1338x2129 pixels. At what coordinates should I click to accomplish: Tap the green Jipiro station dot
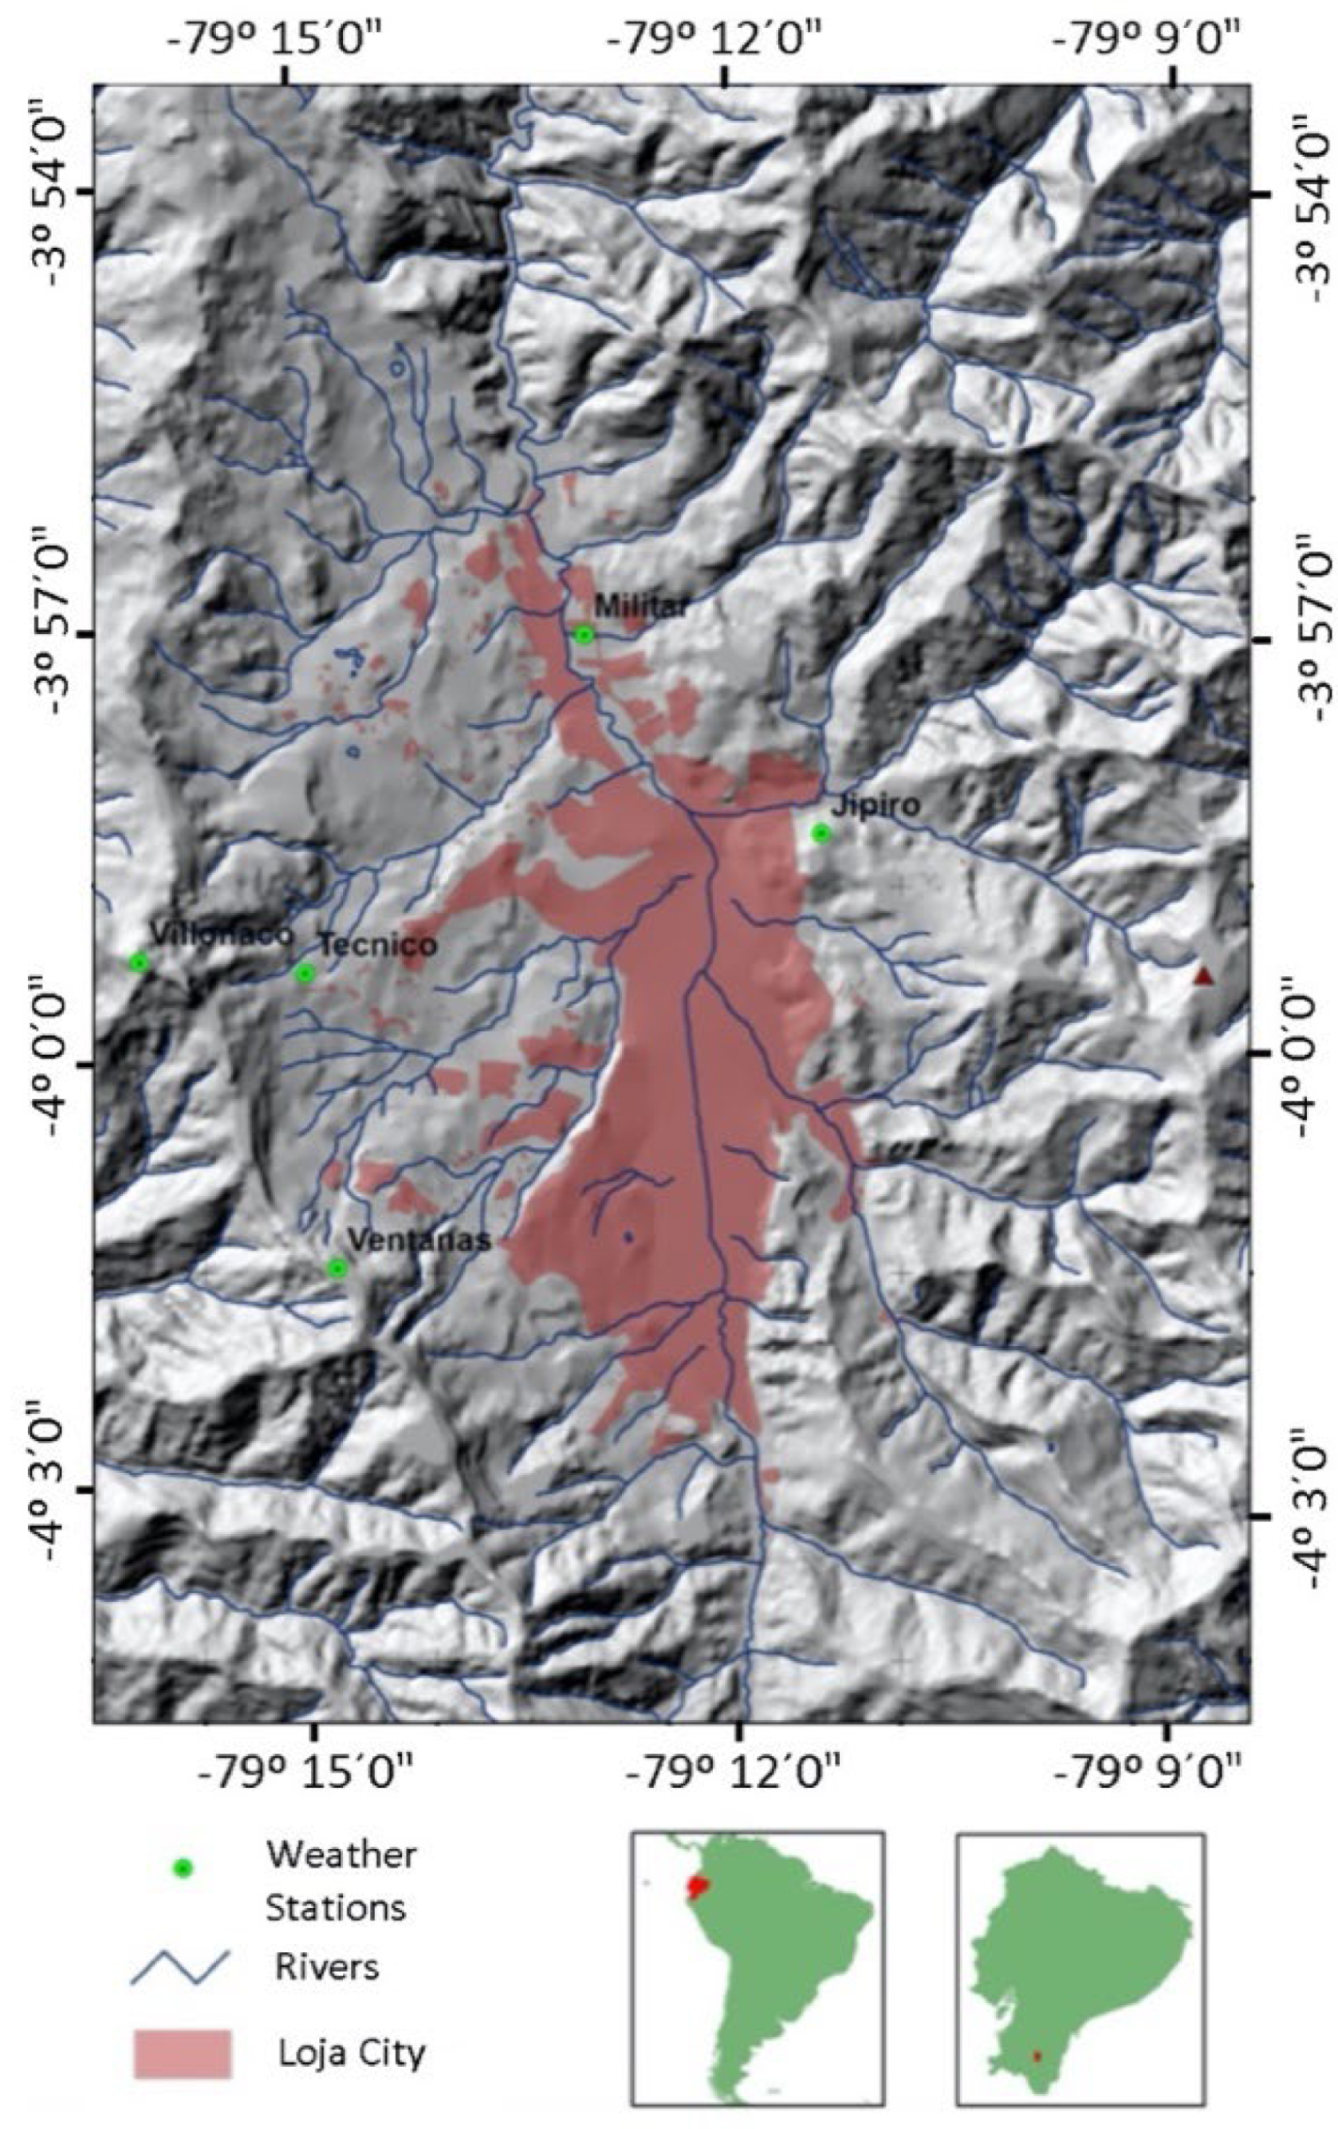821,832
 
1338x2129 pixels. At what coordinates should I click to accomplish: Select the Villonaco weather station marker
138,962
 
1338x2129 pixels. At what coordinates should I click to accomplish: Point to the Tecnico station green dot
305,973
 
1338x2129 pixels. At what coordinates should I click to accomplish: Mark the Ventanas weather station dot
337,1268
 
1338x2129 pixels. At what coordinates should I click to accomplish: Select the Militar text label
641,607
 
